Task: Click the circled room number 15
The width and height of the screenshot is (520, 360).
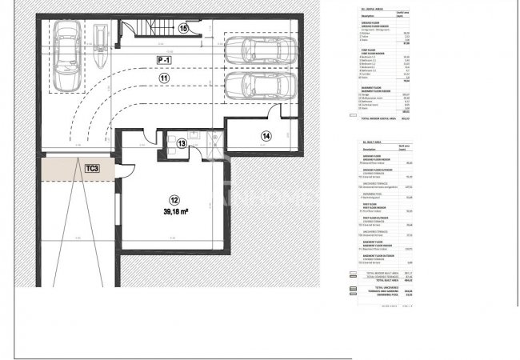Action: coord(183,29)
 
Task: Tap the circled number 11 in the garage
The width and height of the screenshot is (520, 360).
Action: coord(163,78)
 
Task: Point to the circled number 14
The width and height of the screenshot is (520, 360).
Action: coord(266,136)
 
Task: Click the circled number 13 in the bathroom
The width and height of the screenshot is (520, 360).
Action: coord(182,143)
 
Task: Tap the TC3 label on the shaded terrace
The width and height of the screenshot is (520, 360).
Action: coord(92,169)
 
